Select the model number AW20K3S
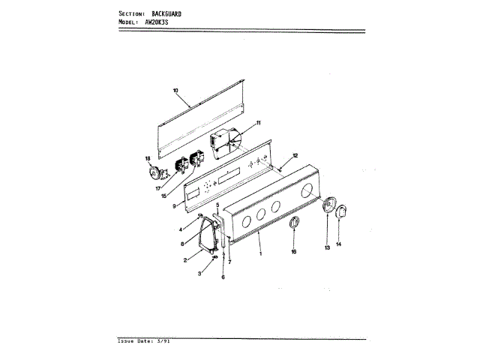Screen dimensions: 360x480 (159, 22)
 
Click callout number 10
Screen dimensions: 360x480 (175, 91)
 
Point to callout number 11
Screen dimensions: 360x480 (258, 122)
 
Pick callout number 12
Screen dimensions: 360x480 (295, 155)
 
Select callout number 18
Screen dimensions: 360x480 (148, 158)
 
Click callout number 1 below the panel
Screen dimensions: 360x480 (260, 253)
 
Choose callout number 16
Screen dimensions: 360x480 (294, 252)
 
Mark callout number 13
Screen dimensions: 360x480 (327, 246)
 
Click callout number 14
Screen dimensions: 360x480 (338, 244)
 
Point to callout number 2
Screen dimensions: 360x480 (185, 260)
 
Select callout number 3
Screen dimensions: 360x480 (199, 275)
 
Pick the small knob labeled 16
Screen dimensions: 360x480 (295, 223)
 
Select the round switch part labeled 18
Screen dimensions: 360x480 (155, 175)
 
